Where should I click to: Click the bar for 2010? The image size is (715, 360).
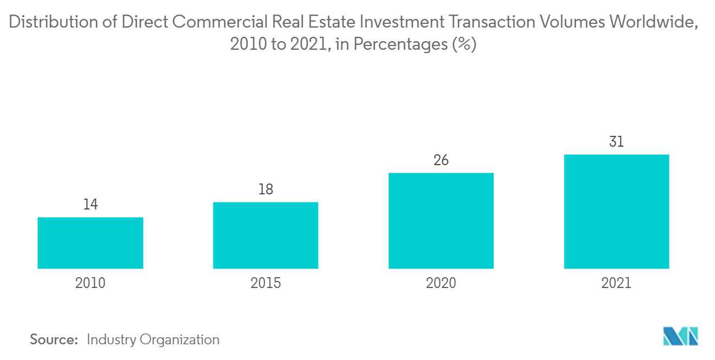tap(90, 243)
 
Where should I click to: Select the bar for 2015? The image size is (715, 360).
tap(265, 235)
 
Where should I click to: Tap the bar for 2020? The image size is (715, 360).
tap(441, 220)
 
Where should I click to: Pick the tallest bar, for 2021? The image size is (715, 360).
tap(616, 211)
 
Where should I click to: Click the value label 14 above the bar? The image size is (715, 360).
tap(90, 205)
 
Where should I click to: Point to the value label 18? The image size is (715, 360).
tap(265, 189)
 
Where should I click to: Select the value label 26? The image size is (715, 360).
tap(441, 160)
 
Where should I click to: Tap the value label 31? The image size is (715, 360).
tap(616, 142)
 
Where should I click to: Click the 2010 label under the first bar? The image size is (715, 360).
tap(90, 283)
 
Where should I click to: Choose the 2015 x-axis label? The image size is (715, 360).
tap(265, 283)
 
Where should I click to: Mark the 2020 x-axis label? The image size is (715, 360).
tap(441, 283)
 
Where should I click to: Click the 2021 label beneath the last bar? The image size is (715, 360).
tap(616, 283)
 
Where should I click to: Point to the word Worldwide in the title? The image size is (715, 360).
tap(653, 23)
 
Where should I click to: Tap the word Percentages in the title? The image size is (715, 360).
tap(401, 44)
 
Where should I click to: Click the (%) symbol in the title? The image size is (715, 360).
tap(465, 44)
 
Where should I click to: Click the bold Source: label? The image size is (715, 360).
tap(54, 339)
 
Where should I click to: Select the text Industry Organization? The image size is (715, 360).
tap(153, 339)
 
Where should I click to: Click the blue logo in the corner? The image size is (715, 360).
tap(680, 336)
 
